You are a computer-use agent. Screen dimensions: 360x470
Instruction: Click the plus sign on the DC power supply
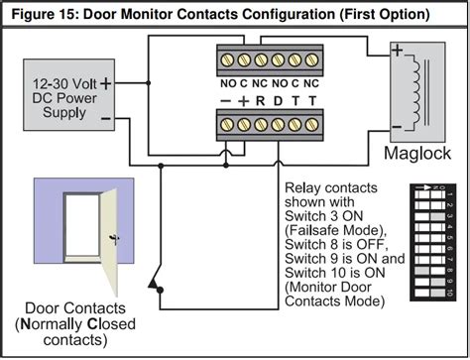106,85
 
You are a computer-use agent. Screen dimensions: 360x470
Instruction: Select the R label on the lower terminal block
260,101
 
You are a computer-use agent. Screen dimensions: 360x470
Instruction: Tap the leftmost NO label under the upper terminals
226,82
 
